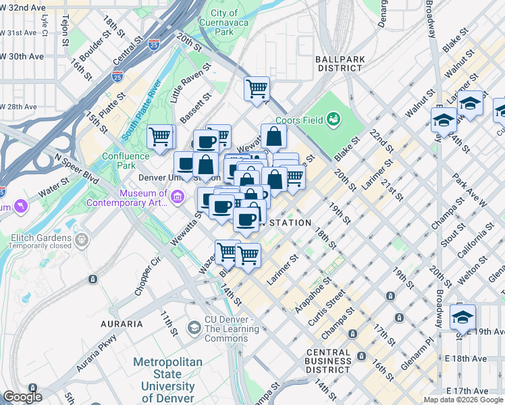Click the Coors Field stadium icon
coord(332,120)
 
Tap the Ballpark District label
coord(340,63)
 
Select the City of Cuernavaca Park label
coord(223,22)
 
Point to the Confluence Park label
coord(125,161)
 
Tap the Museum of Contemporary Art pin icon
coord(178,196)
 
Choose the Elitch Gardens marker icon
coord(82,239)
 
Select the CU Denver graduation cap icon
coord(194,328)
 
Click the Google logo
coord(22,397)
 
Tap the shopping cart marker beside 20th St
coord(257,88)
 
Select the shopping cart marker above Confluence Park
coord(160,137)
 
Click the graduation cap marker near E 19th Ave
coord(462,317)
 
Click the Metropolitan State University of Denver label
coord(167,375)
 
